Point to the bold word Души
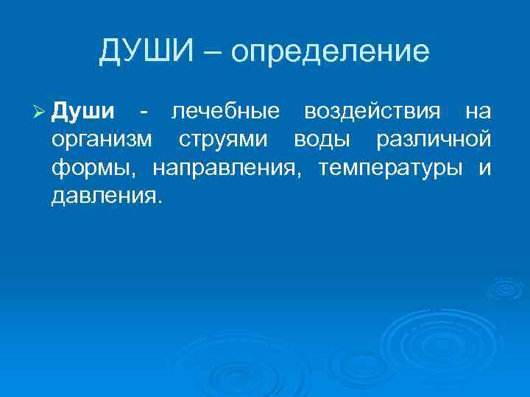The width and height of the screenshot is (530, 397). point(83,112)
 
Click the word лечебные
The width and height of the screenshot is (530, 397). point(225,112)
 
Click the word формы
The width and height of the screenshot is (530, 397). point(93,168)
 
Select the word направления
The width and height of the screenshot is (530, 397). point(227,168)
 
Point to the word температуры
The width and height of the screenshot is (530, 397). point(390,168)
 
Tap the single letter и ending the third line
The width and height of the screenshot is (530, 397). point(484,168)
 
